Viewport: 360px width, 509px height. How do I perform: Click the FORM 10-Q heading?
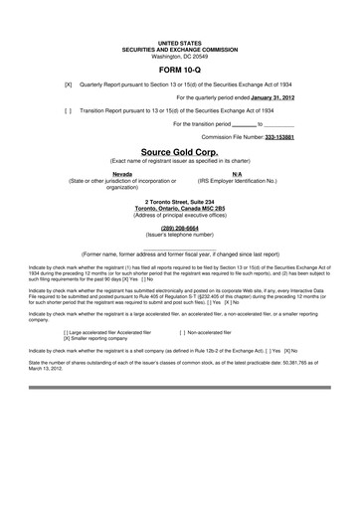click(x=179, y=72)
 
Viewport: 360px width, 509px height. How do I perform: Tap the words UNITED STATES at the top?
click(x=179, y=44)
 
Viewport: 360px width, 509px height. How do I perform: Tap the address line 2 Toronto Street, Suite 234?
click(x=179, y=201)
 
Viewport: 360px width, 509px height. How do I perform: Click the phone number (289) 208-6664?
click(x=179, y=227)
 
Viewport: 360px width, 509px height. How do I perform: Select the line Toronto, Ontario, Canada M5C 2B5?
click(x=179, y=208)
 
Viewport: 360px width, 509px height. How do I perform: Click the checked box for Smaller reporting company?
click(x=67, y=339)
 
